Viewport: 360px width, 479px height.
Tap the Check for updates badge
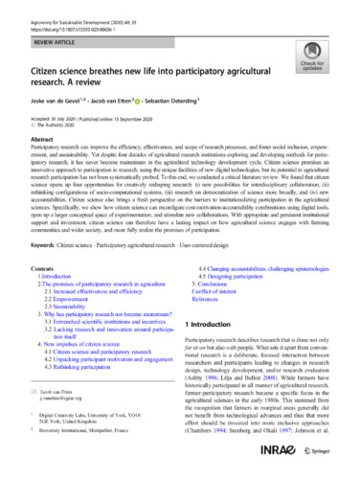click(x=326, y=67)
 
